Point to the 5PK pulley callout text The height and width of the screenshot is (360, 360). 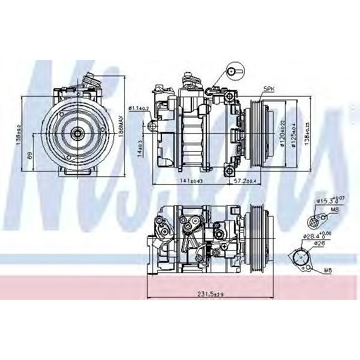click(x=268, y=89)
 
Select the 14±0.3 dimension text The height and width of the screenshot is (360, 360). click(x=139, y=146)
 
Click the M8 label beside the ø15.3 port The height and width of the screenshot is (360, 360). click(x=335, y=210)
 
